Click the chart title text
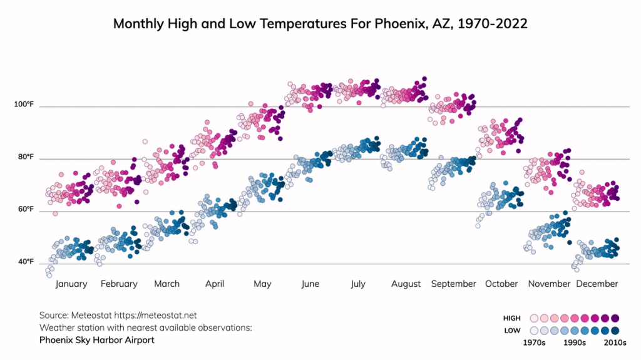coord(320,24)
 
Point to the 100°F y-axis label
coord(24,104)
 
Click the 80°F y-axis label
coord(25,157)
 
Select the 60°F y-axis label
coord(25,209)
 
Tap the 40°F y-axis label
coord(25,262)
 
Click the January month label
coord(71,284)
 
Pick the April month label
coord(215,284)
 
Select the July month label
coord(357,284)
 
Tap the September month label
coord(453,284)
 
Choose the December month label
coord(597,284)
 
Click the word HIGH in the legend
coord(512,318)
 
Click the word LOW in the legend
coord(513,331)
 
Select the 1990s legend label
coord(574,342)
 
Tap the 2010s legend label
coord(615,342)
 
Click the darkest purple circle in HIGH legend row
coord(615,318)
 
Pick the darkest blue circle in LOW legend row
coord(615,331)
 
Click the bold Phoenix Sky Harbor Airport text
coord(96,340)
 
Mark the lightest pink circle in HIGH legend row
coord(534,318)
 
